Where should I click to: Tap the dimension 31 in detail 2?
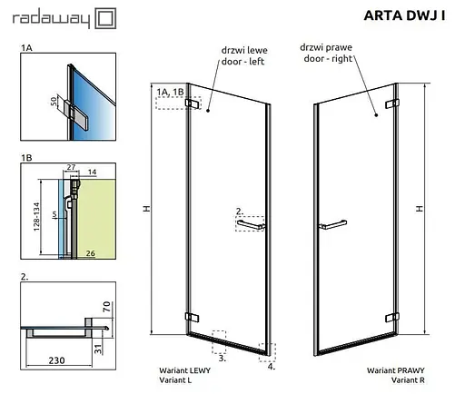coord(106,339)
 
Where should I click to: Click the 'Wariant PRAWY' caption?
coord(392,371)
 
